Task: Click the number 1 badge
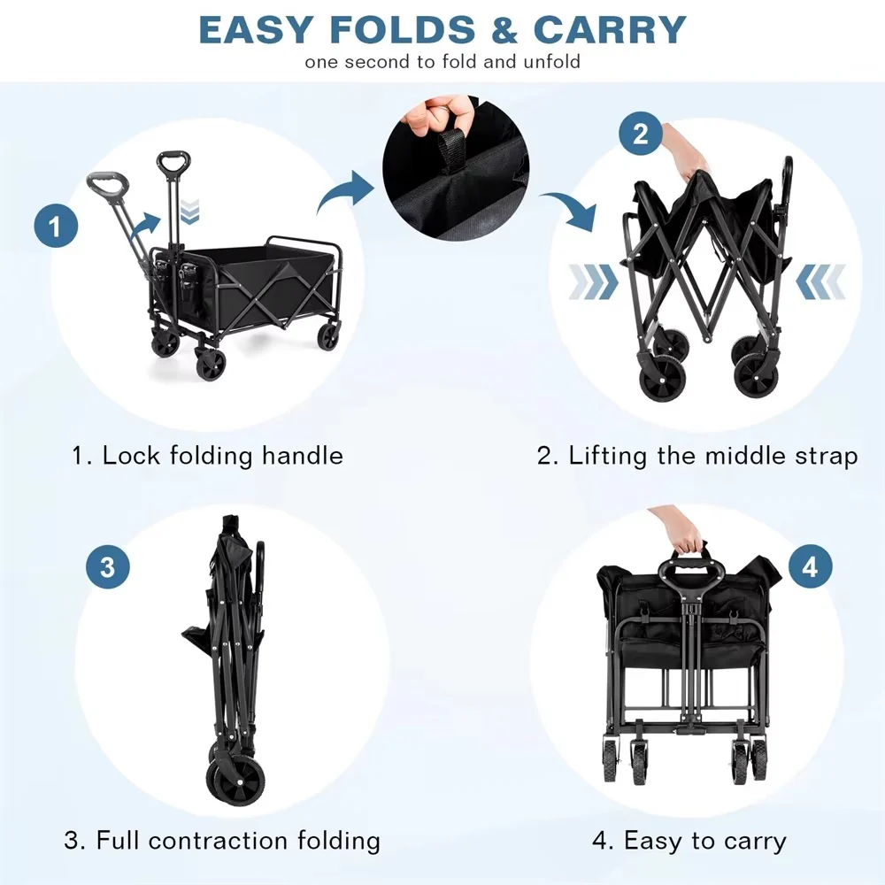coord(56,226)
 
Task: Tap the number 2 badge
coord(641,135)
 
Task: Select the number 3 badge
coord(108,566)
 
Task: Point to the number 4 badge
coord(810,566)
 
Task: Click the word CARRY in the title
coord(610,29)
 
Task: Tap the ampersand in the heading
coord(504,29)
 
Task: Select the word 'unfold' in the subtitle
coord(551,62)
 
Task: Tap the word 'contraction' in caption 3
coord(219,841)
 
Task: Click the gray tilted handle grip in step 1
coord(107,186)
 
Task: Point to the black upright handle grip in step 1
coord(173,164)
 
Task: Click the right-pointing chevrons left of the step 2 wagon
coord(593,281)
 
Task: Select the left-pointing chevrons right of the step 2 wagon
coord(820,281)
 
